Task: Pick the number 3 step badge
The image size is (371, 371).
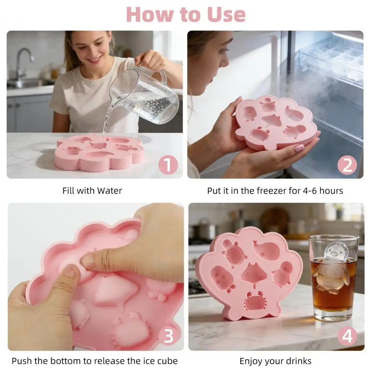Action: coord(169,336)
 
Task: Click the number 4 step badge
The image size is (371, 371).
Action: coord(347,336)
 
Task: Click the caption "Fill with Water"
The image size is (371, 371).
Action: coord(92,191)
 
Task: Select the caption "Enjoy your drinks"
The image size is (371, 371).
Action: coord(275,361)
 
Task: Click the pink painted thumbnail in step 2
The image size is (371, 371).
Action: coord(299,148)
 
